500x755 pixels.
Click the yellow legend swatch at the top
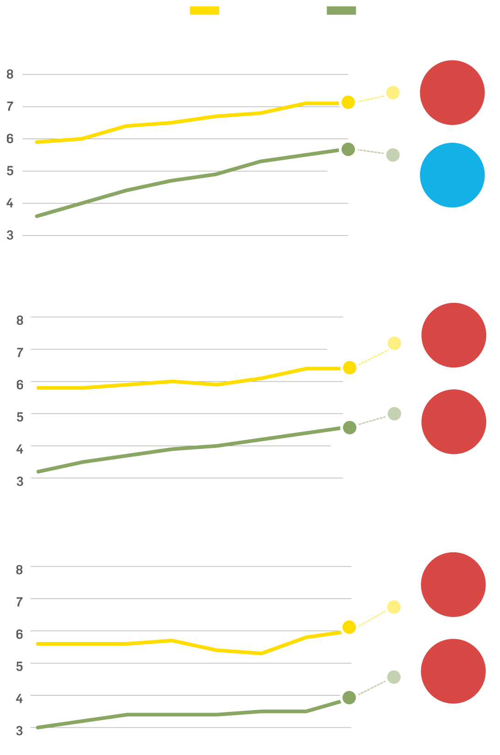(204, 11)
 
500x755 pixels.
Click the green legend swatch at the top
(341, 11)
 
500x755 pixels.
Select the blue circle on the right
(452, 175)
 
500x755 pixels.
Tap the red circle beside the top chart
(452, 92)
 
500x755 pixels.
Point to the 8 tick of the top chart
(10, 74)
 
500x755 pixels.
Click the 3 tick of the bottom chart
(19, 731)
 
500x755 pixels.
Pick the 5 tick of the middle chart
(20, 417)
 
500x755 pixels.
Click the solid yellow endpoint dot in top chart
(348, 102)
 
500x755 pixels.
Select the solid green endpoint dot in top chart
(348, 149)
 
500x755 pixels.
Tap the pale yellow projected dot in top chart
(393, 92)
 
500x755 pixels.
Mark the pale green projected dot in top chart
(393, 155)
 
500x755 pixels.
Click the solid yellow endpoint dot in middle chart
(349, 367)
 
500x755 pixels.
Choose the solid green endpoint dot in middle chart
(349, 427)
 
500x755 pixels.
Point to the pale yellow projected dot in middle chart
(394, 343)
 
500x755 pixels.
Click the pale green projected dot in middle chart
(394, 414)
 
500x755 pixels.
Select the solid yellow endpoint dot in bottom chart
(349, 627)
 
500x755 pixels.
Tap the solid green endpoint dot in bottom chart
(349, 698)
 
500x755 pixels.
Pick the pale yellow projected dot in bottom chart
(394, 607)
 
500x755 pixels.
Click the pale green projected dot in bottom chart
(394, 677)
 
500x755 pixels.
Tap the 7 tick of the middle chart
(20, 352)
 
